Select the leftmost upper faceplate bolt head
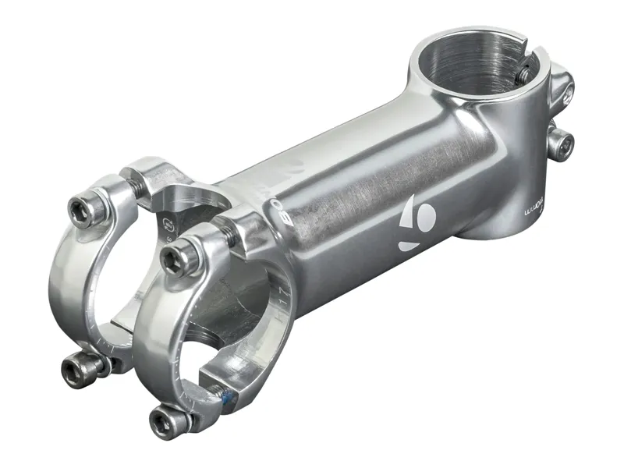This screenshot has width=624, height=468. coord(81,208)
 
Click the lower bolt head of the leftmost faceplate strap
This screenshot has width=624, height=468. coord(78,363)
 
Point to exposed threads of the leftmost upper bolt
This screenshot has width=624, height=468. coord(133,189)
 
